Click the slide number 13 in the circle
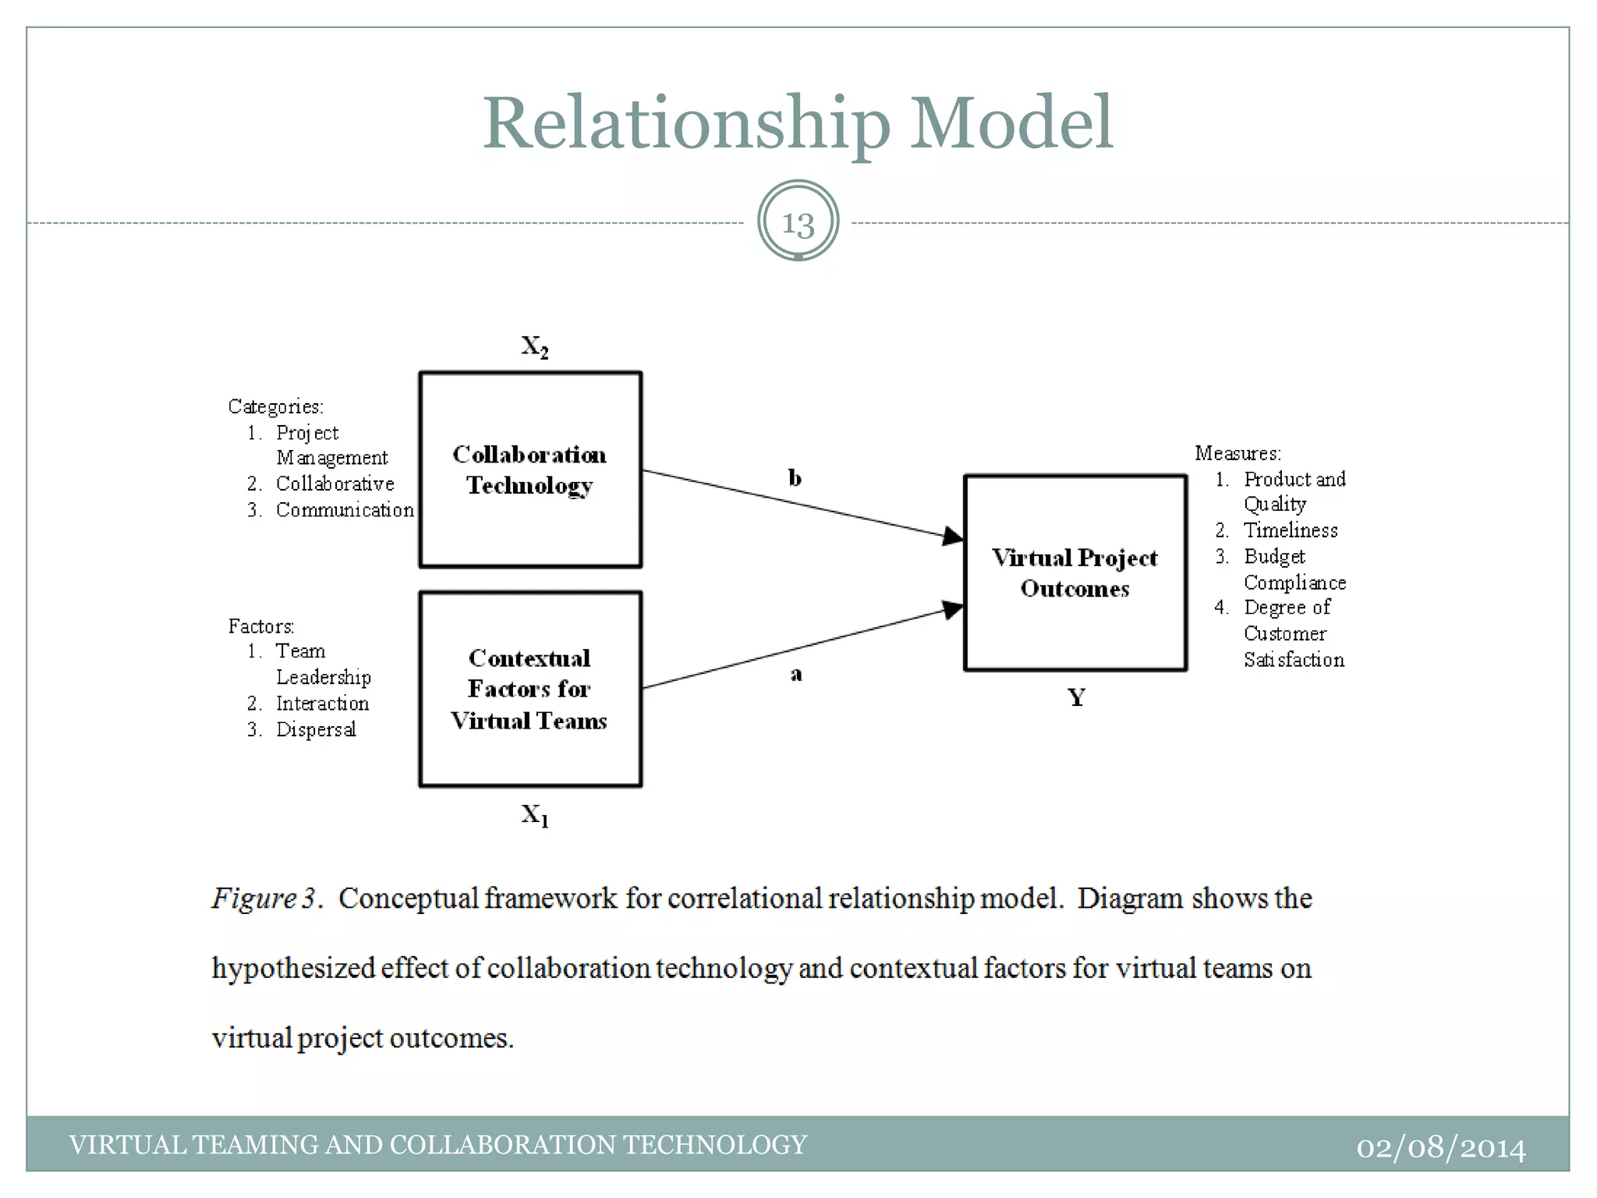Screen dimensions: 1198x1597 pyautogui.click(x=798, y=223)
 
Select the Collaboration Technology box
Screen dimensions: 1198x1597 pyautogui.click(x=530, y=470)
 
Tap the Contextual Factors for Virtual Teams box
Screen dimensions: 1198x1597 pyautogui.click(x=530, y=689)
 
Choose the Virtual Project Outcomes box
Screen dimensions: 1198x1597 pyautogui.click(x=1075, y=573)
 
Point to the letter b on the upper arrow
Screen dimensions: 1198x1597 pyautogui.click(x=795, y=477)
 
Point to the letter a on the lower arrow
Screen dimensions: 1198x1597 pyautogui.click(x=796, y=674)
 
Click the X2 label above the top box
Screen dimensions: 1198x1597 pyautogui.click(x=535, y=346)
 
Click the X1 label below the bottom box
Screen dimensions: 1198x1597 pyautogui.click(x=535, y=815)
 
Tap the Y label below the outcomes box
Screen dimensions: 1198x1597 pyautogui.click(x=1076, y=697)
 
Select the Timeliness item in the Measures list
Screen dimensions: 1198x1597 pyautogui.click(x=1291, y=530)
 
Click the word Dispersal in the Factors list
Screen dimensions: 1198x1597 pyautogui.click(x=316, y=729)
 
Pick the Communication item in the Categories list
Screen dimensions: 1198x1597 pyautogui.click(x=345, y=510)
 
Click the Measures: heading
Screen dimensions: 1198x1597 pyautogui.click(x=1238, y=453)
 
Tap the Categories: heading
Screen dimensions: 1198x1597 pyautogui.click(x=275, y=406)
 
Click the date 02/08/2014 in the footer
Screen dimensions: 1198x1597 pyautogui.click(x=1440, y=1147)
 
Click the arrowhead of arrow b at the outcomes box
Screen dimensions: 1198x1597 pyautogui.click(x=953, y=536)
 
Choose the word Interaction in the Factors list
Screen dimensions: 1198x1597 pyautogui.click(x=322, y=704)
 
